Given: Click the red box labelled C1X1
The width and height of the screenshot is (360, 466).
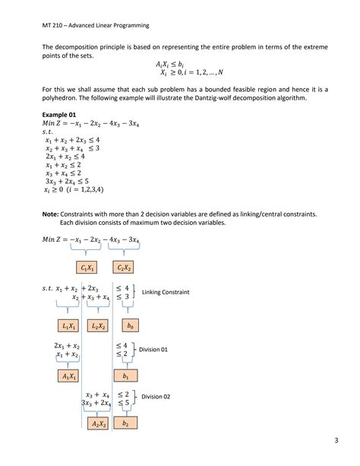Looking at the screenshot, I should [87, 268].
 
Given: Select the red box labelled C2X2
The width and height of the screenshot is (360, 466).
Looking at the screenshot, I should [125, 268].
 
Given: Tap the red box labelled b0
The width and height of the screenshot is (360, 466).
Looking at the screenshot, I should [131, 325].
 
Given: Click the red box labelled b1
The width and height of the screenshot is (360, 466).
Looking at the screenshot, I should [125, 376].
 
